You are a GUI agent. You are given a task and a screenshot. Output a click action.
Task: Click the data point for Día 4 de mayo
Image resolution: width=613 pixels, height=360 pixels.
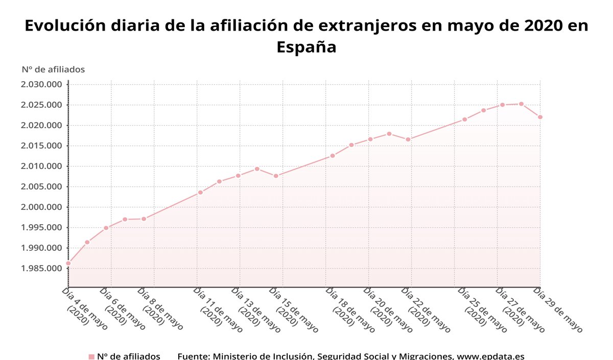(68, 263)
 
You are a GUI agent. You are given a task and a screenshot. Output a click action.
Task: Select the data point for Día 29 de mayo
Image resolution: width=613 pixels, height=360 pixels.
(540, 117)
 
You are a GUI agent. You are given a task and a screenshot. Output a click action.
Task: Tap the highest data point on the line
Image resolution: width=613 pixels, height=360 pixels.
(521, 104)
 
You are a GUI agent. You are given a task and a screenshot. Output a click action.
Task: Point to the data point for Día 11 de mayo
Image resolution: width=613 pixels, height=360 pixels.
(200, 193)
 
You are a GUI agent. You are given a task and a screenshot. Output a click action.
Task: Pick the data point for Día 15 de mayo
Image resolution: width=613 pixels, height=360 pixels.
(276, 176)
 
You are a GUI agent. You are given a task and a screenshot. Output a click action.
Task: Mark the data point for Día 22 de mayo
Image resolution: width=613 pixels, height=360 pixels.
(408, 139)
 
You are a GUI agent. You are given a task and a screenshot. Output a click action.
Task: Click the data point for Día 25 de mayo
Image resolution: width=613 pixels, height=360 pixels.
(464, 119)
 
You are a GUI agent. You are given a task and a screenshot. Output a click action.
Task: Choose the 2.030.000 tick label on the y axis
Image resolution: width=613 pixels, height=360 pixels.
(41, 85)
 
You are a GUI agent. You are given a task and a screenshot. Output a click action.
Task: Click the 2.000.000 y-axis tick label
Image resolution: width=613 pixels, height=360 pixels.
(41, 207)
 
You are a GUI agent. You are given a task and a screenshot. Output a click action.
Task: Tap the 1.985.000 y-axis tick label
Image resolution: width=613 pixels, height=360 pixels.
(41, 269)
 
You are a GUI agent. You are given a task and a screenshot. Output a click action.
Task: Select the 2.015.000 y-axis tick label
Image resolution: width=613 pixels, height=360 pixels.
(41, 146)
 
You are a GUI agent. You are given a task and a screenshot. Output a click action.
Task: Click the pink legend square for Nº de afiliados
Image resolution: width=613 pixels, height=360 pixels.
(91, 356)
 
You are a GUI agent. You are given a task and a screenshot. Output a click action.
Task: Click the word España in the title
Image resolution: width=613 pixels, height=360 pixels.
(306, 47)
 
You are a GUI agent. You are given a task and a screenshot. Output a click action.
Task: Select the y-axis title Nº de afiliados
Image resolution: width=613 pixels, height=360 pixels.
(53, 69)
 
